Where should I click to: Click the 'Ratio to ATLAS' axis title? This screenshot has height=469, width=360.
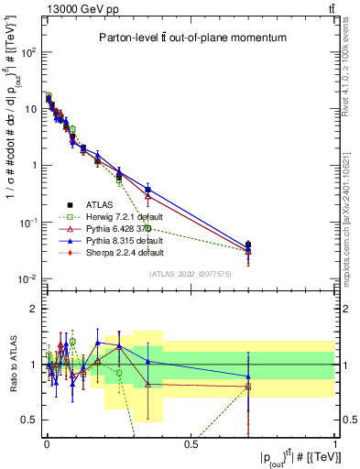click(11, 364)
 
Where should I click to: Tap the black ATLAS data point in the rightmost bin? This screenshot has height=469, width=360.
click(249, 245)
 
